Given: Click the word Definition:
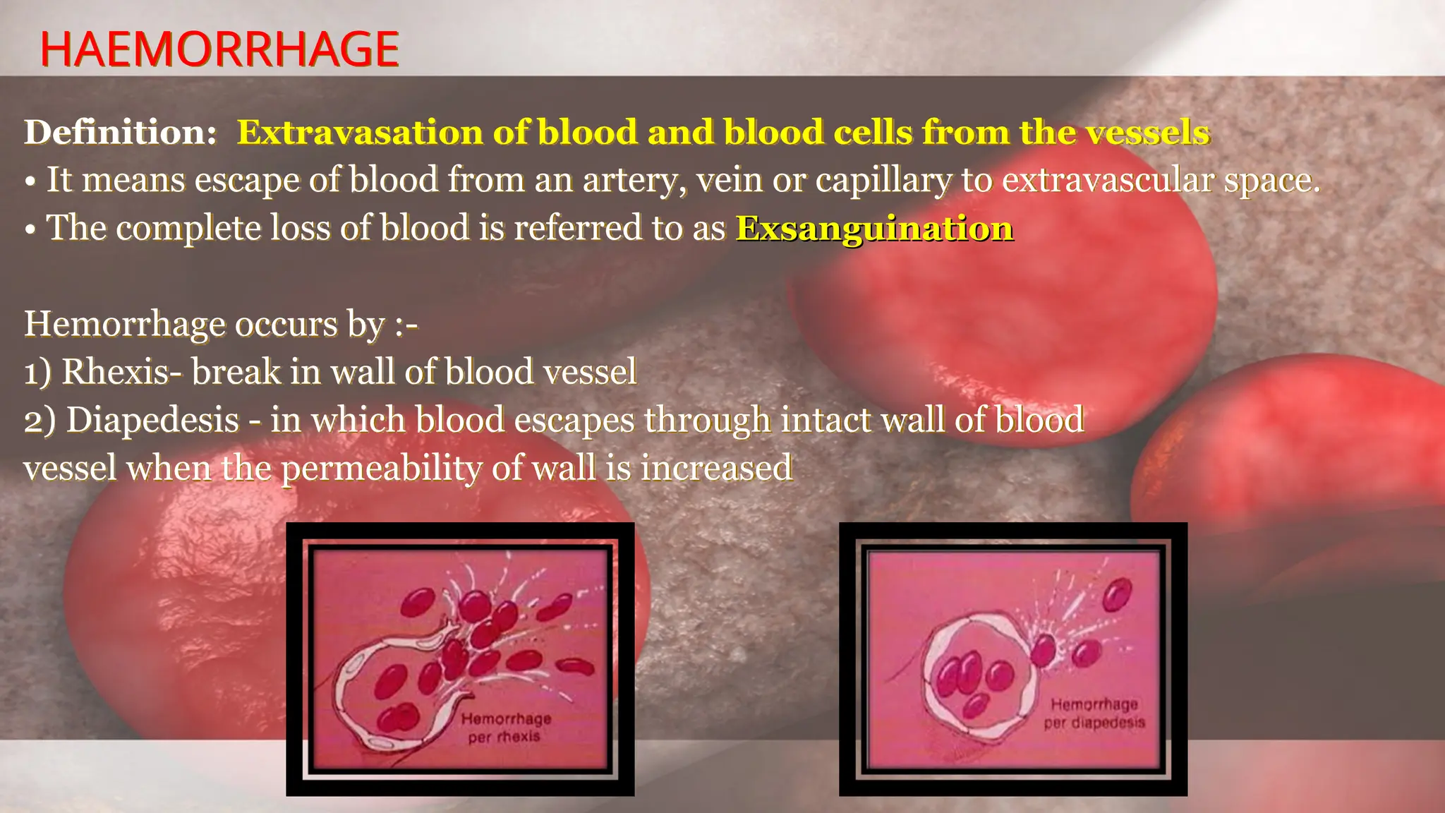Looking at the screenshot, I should pyautogui.click(x=121, y=132).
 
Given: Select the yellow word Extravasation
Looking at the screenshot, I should pyautogui.click(x=360, y=132).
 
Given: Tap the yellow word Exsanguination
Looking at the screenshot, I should pyautogui.click(x=874, y=229).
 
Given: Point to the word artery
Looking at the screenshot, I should pyautogui.click(x=635, y=181).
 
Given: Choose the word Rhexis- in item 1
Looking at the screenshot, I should pyautogui.click(x=116, y=372).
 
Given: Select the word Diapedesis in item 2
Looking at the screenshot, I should pyautogui.click(x=152, y=420).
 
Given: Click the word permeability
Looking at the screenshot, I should pyautogui.click(x=381, y=469).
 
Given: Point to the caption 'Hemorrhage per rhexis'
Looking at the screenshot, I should pyautogui.click(x=505, y=728).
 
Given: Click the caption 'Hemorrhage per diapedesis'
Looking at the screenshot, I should pyautogui.click(x=1094, y=713).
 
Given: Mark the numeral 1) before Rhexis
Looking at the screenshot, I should pyautogui.click(x=37, y=372).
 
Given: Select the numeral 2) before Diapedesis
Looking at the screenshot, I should pyautogui.click(x=40, y=421).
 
